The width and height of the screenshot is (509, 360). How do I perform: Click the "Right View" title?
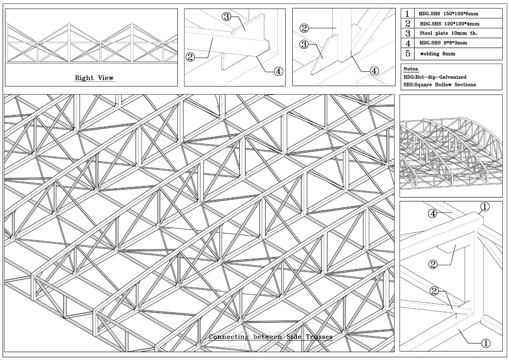point(94,78)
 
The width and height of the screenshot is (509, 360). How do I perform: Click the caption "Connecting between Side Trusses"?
point(270,337)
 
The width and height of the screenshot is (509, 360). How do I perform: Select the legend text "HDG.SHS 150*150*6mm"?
point(448,14)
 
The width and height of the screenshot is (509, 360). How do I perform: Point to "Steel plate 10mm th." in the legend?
point(448,33)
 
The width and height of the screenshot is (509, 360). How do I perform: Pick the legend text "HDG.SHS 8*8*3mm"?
point(443,43)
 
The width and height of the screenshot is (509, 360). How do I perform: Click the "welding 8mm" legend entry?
point(437,54)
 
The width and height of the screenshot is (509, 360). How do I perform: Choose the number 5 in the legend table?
point(408,53)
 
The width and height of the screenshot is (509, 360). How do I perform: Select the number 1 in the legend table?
point(407,14)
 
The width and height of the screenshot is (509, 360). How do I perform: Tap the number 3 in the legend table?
point(408,33)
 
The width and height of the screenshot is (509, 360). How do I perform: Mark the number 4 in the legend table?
point(408,43)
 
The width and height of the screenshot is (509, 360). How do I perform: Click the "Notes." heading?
point(411,69)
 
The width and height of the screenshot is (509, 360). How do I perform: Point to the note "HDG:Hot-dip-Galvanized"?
point(435,77)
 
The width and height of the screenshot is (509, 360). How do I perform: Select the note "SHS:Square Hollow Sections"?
point(439,85)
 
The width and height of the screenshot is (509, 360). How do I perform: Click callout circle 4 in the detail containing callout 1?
point(433,214)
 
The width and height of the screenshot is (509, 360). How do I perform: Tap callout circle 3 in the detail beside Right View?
point(226,17)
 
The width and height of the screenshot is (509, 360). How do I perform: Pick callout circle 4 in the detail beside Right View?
point(278,71)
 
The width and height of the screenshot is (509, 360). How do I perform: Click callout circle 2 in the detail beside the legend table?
point(304,28)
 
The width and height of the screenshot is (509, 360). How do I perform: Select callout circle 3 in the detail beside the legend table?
point(304,45)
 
